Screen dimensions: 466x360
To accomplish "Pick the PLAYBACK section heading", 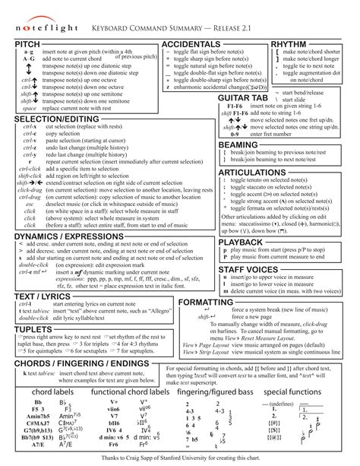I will (241, 243).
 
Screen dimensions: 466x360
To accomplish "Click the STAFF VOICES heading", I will (248, 270).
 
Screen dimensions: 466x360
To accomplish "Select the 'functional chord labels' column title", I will (130, 392).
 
